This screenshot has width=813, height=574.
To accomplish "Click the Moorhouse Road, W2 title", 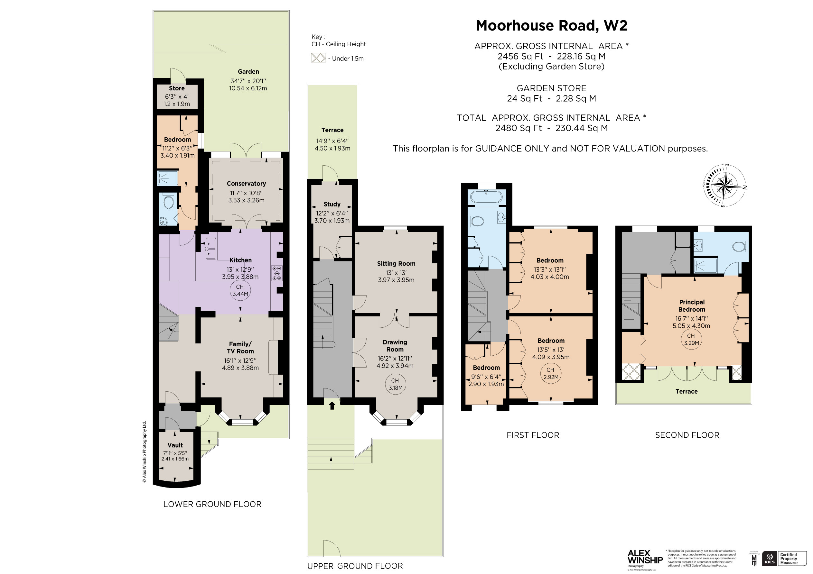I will point(551,25).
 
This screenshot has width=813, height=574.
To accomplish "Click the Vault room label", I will point(175,445).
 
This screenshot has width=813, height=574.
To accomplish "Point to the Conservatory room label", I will point(246,184).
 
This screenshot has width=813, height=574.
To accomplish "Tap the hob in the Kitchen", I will point(277,273).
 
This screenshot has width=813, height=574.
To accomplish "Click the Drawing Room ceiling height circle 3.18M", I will point(395,384).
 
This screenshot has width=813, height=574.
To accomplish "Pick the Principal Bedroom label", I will point(692,306).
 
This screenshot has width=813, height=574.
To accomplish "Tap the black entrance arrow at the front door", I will point(332,405).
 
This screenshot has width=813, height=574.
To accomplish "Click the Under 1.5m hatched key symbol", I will point(318,58).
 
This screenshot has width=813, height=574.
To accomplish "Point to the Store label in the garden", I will point(177,88).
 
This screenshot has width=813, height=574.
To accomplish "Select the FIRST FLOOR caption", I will point(533,435).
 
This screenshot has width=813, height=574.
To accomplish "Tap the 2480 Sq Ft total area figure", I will point(519,128).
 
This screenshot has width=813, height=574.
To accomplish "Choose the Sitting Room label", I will point(396,264).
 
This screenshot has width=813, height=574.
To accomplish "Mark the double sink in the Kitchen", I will point(211,249).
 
